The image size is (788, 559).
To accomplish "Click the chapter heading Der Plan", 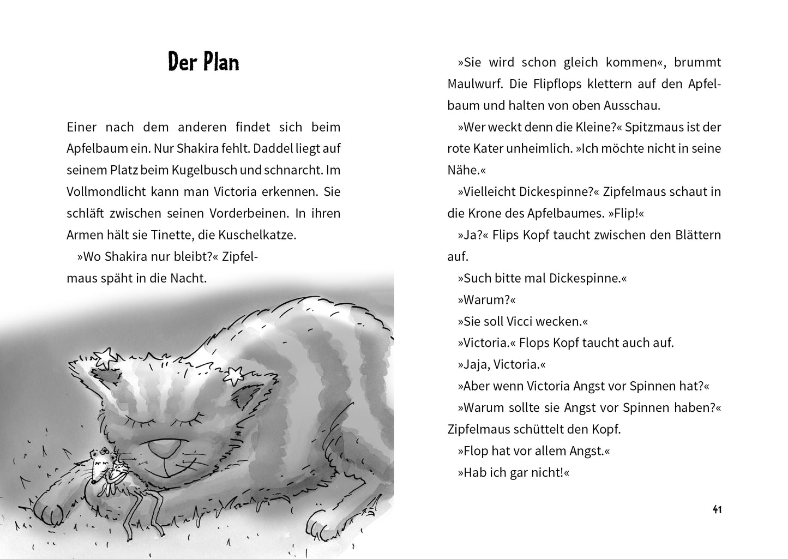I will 203,62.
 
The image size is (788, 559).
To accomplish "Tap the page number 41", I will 717,510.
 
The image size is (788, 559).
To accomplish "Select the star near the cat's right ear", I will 234,374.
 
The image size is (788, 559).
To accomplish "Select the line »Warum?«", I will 486,299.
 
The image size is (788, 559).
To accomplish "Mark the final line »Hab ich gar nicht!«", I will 513,472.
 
